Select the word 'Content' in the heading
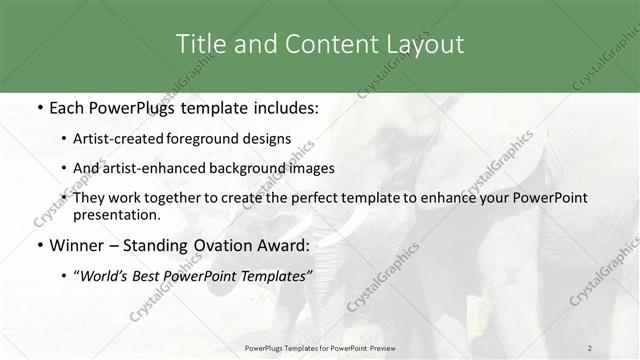click(326, 44)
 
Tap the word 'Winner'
click(76, 245)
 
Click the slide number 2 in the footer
click(590, 347)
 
